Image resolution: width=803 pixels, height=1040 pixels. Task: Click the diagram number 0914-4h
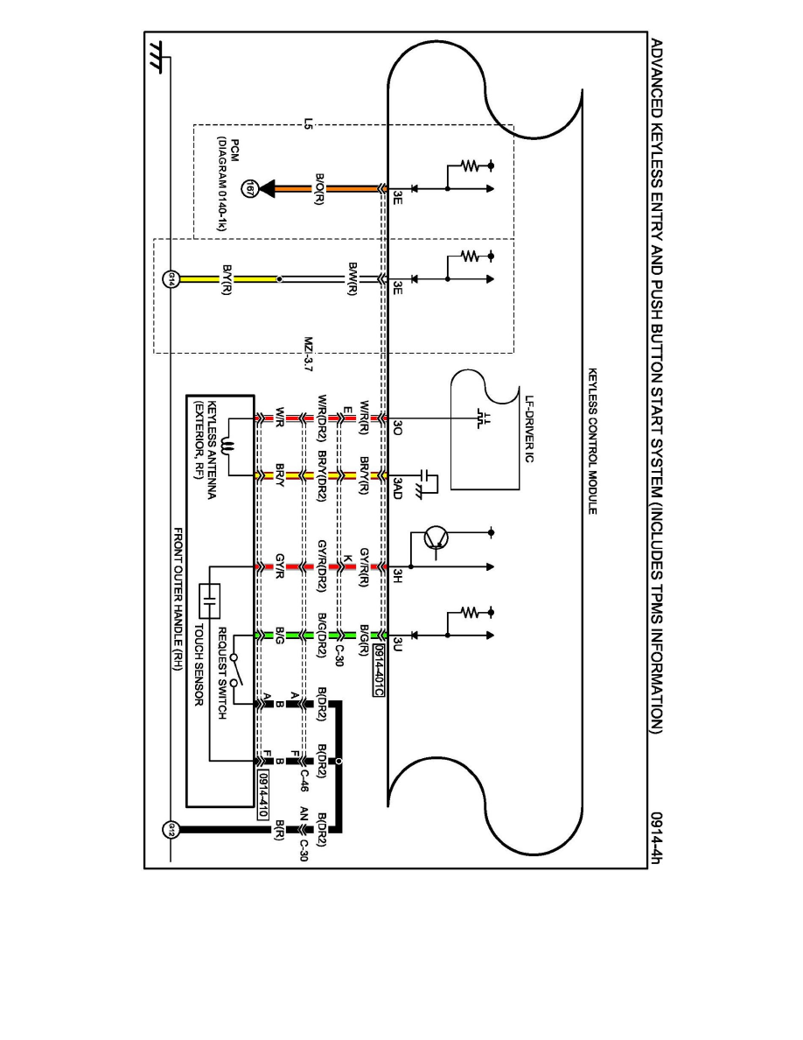656,837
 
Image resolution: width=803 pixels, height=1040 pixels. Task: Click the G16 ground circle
171,280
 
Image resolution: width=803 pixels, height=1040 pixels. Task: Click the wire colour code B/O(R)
320,188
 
